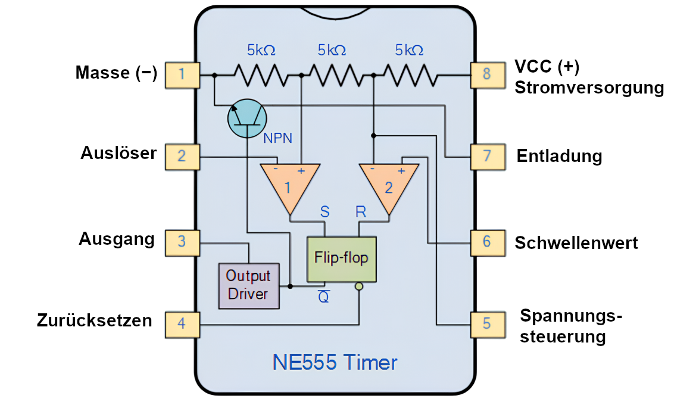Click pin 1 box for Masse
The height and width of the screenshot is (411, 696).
click(x=182, y=75)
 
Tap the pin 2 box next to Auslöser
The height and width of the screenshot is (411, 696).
click(x=182, y=157)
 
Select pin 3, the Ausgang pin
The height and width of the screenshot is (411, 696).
click(x=182, y=243)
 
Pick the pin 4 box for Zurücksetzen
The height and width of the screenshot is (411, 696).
click(x=182, y=325)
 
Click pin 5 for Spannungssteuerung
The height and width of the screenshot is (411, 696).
click(x=488, y=325)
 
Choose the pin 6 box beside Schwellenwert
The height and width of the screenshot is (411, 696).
click(x=488, y=243)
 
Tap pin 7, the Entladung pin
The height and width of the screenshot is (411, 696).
click(x=488, y=157)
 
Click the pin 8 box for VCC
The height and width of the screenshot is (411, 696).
click(x=488, y=75)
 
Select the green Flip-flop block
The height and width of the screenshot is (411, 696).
click(x=341, y=259)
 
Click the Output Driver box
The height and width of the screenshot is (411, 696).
click(x=249, y=286)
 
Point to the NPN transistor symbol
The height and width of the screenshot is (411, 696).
click(x=247, y=119)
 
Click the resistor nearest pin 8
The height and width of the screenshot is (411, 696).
click(x=411, y=75)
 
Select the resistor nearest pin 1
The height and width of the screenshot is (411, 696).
click(x=261, y=75)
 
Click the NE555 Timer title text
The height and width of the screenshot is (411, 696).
click(x=335, y=363)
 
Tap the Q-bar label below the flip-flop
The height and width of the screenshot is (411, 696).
click(x=324, y=296)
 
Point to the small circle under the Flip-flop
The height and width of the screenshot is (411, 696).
click(x=359, y=287)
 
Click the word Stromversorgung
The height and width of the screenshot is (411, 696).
click(x=589, y=88)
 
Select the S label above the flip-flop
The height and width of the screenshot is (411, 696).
click(x=325, y=211)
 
